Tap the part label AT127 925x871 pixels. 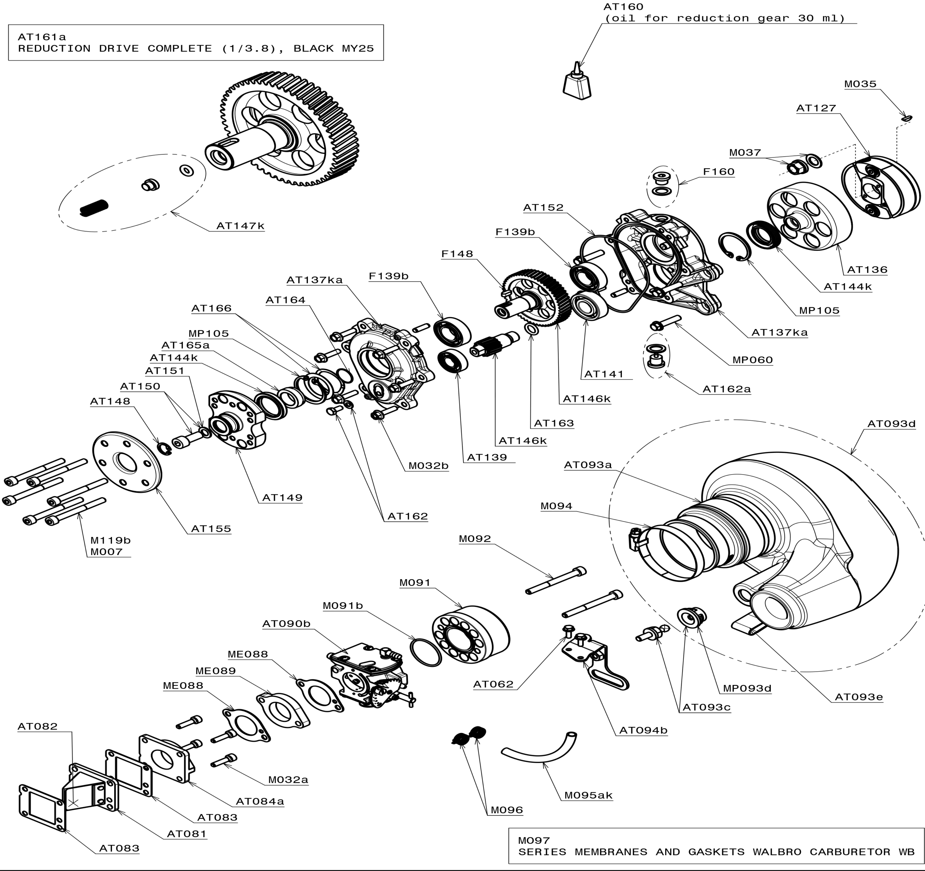click(x=816, y=108)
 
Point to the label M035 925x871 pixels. click(x=860, y=84)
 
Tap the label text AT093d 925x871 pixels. click(x=891, y=424)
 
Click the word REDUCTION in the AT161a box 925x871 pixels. click(x=55, y=49)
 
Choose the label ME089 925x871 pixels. click(x=215, y=671)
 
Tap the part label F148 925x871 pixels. click(x=457, y=254)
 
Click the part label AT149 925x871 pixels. click(x=282, y=498)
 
